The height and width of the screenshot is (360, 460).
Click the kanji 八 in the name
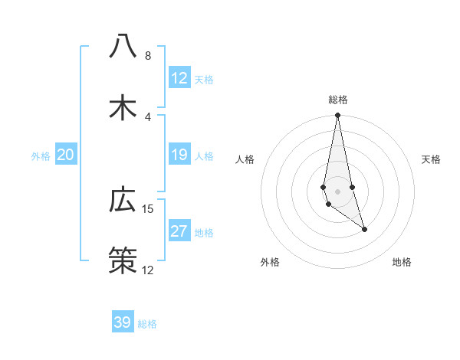pos(123,47)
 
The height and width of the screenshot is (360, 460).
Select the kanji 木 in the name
pos(123,108)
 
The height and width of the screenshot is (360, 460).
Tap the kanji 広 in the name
pos(123,200)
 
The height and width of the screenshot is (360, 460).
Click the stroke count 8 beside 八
pos(148,56)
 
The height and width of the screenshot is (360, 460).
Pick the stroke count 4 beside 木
pos(148,117)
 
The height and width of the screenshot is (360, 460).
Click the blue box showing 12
pos(179,78)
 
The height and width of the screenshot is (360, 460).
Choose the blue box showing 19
pos(179,155)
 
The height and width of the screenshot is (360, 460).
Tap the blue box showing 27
pos(179,231)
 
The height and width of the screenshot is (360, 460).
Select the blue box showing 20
pos(66,155)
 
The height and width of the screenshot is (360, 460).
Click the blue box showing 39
pos(123,322)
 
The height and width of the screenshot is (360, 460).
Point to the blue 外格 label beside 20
pos(41,156)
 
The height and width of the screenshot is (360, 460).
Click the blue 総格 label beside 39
pos(147,324)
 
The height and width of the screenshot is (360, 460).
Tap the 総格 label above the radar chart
pos(338,100)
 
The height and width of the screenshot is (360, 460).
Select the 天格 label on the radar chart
pos(431,159)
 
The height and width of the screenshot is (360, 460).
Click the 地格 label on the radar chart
pos(402,262)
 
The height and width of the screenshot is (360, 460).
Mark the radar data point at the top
pos(337,116)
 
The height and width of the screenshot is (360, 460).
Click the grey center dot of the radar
pos(337,191)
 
